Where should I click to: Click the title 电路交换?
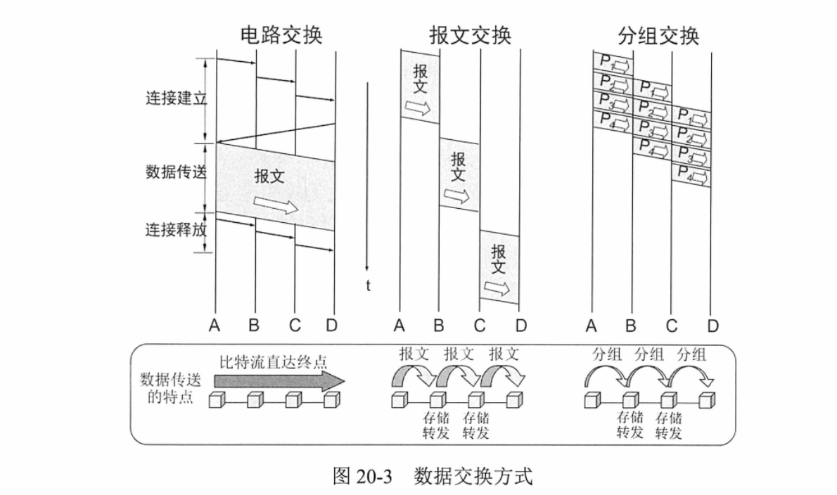coord(281,35)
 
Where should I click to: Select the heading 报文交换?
coord(471,35)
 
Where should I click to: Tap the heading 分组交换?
coord(658,35)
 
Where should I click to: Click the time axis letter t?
coord(368,286)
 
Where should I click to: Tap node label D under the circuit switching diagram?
coord(332,326)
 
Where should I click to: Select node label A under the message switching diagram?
coord(400,326)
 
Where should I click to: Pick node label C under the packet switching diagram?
coord(672,326)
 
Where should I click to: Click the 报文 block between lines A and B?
coord(420,86)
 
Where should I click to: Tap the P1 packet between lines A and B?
coord(613,63)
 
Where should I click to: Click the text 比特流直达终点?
coord(273,363)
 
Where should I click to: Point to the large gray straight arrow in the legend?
coord(279,380)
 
